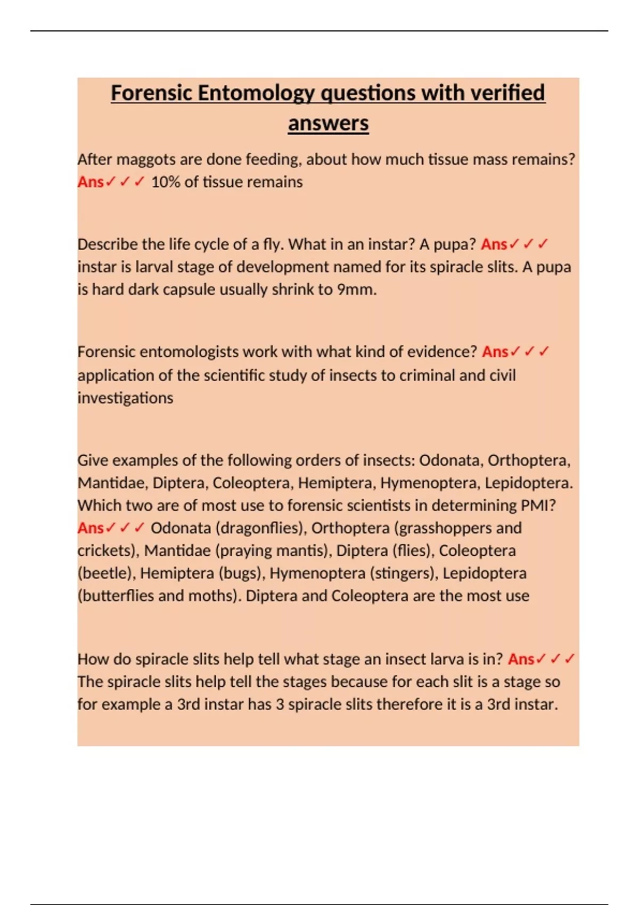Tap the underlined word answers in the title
[x=328, y=124]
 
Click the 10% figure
[x=165, y=182]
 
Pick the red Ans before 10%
[x=91, y=182]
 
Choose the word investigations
[x=125, y=398]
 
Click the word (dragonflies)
[x=261, y=528]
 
